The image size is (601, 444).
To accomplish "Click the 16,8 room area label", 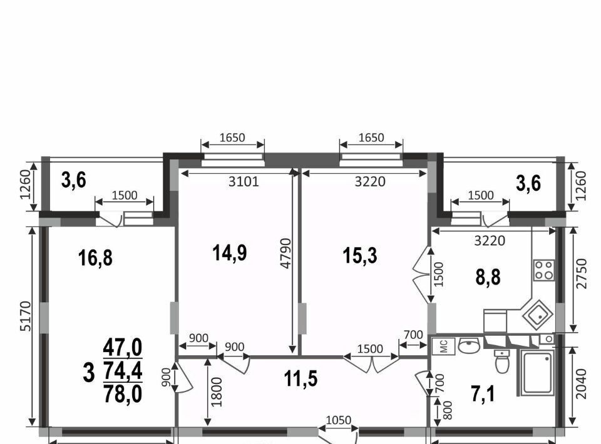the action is [95, 258].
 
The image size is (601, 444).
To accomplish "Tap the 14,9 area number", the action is [230, 253].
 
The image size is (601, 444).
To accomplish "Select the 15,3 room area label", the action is [360, 255].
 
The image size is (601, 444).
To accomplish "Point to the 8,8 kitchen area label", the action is [488, 277].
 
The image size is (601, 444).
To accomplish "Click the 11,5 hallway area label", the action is [301, 379].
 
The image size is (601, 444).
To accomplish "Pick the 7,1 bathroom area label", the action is [483, 394].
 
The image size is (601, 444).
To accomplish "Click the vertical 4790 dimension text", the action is [286, 253].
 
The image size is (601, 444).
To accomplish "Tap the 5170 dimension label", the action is [25, 316].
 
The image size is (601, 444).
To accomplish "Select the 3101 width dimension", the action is [244, 181].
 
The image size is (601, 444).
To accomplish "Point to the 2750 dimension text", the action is [581, 274].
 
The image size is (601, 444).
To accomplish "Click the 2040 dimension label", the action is [581, 384].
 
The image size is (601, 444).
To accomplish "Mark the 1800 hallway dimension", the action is [217, 392].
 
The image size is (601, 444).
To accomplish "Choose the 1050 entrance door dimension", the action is [339, 420].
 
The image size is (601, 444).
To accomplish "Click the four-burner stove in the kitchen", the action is [544, 270].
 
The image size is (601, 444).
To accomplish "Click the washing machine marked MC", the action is [443, 346].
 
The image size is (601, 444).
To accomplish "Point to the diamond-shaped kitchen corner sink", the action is [537, 315].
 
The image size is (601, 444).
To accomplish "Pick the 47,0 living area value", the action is [123, 348].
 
